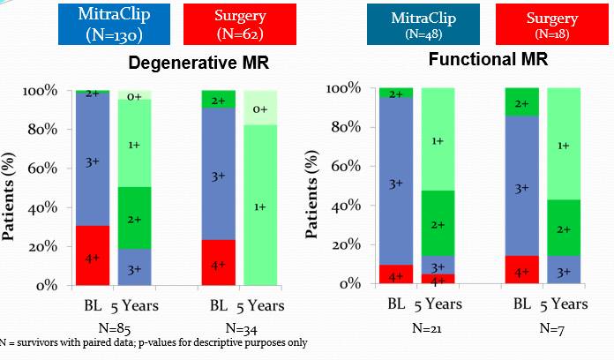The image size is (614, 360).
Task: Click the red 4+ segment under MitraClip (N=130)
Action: pyautogui.click(x=93, y=256)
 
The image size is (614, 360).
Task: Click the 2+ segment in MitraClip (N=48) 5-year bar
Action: pyautogui.click(x=438, y=224)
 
